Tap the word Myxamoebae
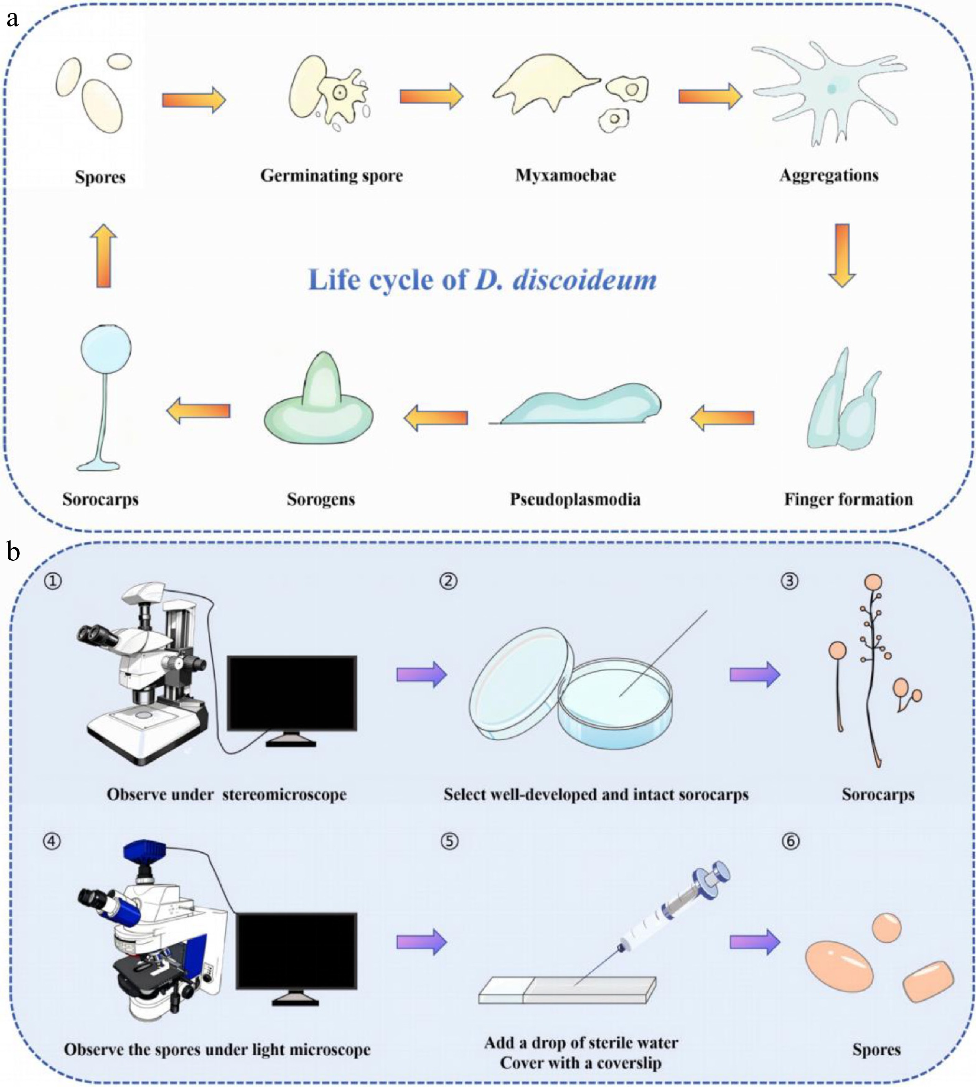click(x=566, y=175)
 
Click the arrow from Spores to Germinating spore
click(x=193, y=100)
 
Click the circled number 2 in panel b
click(x=448, y=581)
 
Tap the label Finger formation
click(x=848, y=499)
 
